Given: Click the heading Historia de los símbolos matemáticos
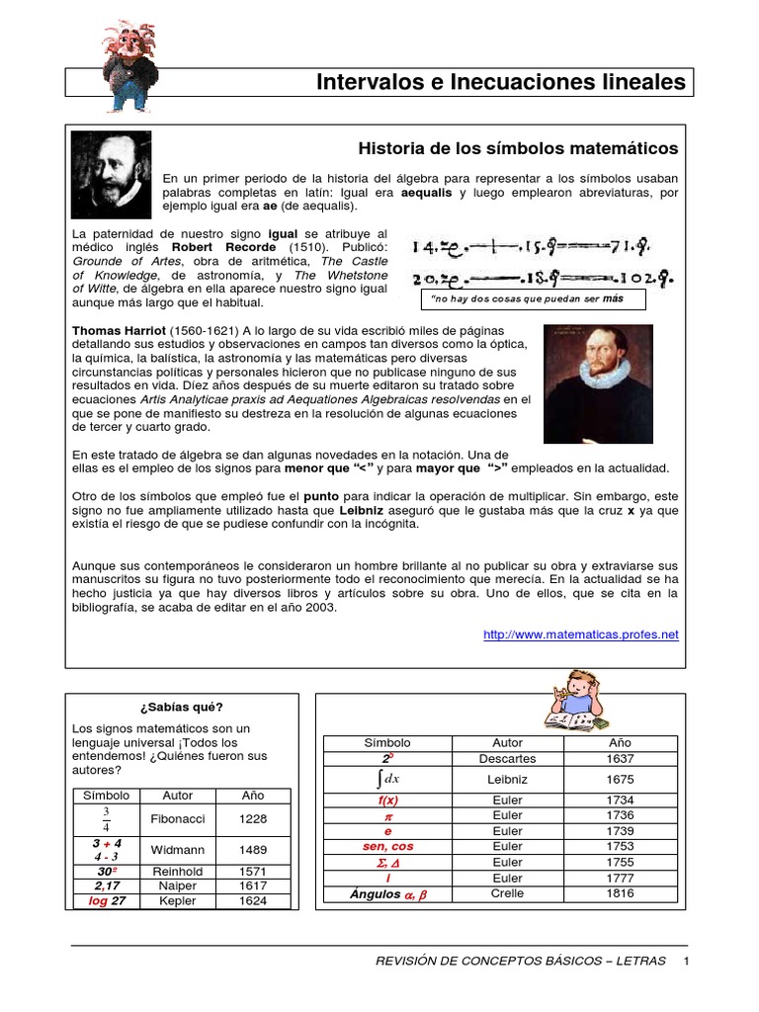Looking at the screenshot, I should (x=518, y=148).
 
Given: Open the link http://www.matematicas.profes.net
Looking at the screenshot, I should (x=581, y=635).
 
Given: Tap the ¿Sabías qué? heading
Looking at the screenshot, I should (x=183, y=707).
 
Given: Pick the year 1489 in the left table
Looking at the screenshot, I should (x=253, y=849).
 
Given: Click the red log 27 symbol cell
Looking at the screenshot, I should (x=107, y=901).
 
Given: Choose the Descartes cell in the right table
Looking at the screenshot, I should (x=507, y=759).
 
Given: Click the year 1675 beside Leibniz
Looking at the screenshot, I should (x=621, y=780).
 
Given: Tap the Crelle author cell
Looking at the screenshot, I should (x=507, y=893).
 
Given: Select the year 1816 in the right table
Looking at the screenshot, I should (x=621, y=893).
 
